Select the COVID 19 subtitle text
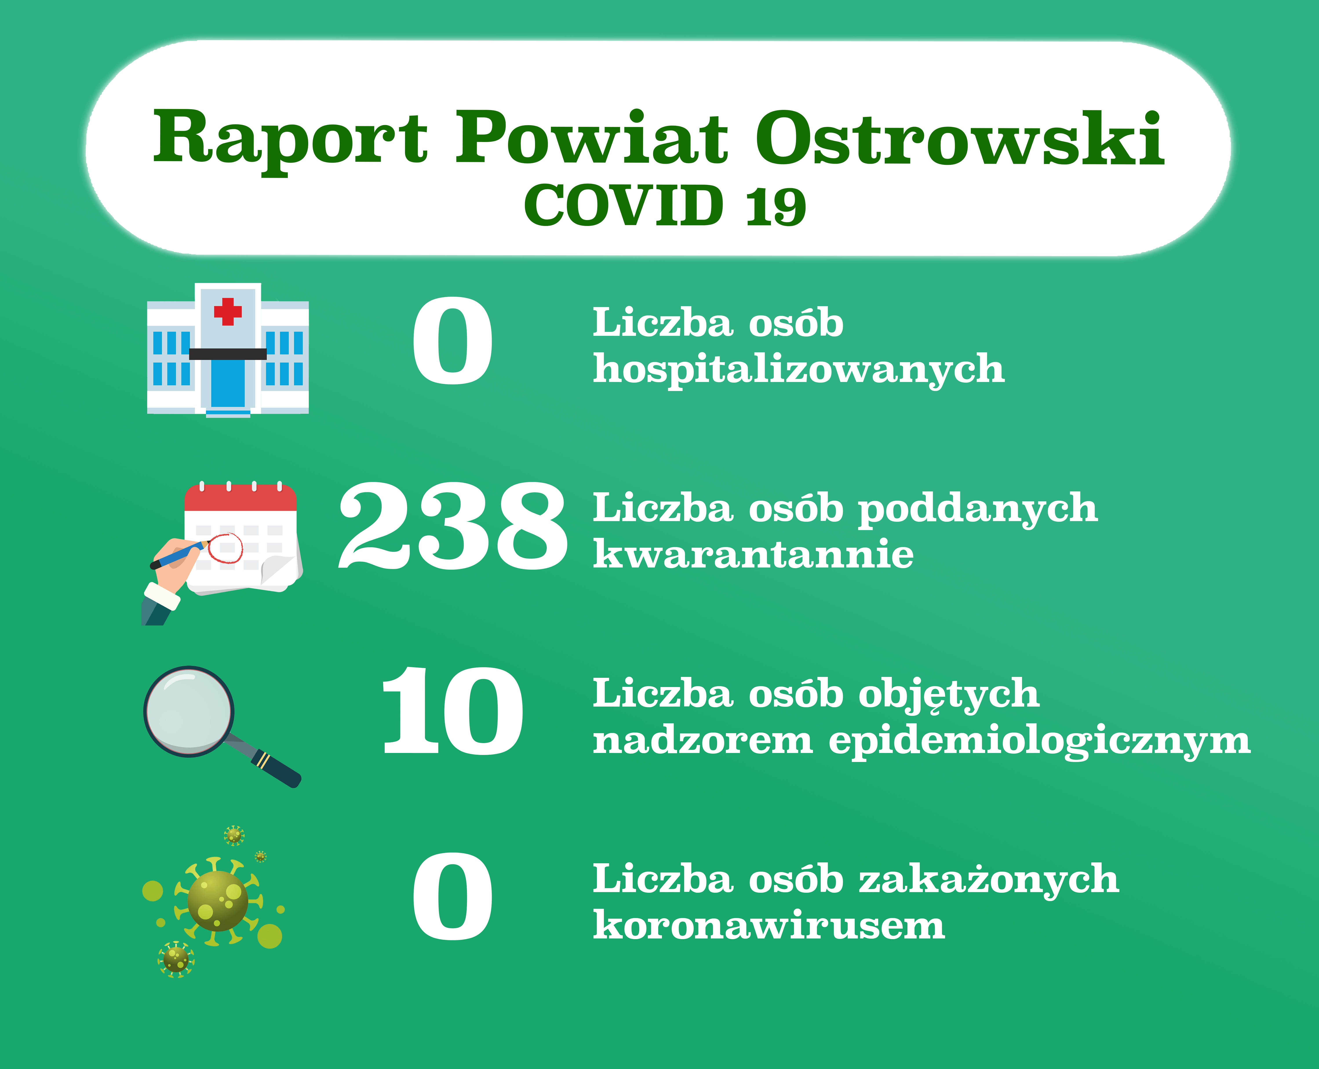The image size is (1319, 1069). (665, 205)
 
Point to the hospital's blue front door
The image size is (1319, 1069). (228, 383)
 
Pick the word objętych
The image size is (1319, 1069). (949, 694)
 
